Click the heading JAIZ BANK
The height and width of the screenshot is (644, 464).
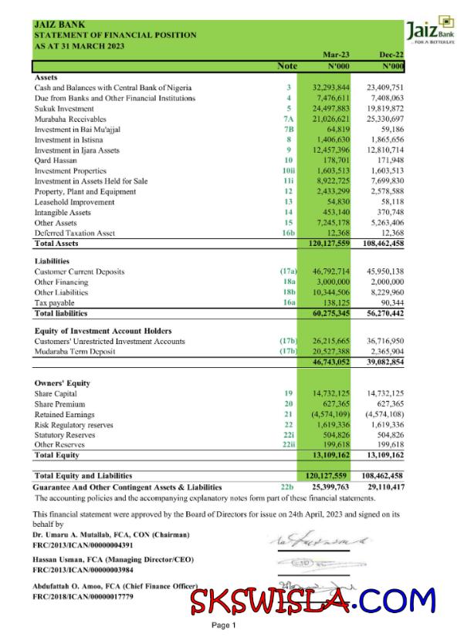click(x=59, y=25)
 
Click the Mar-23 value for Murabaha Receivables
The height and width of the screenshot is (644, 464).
click(x=331, y=119)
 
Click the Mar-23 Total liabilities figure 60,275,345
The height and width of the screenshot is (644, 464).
click(x=331, y=314)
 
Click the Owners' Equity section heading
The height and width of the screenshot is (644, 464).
click(x=62, y=383)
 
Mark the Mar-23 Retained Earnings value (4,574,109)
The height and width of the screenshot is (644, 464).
click(x=331, y=414)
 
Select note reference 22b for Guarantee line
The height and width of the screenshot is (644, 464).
click(x=287, y=487)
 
